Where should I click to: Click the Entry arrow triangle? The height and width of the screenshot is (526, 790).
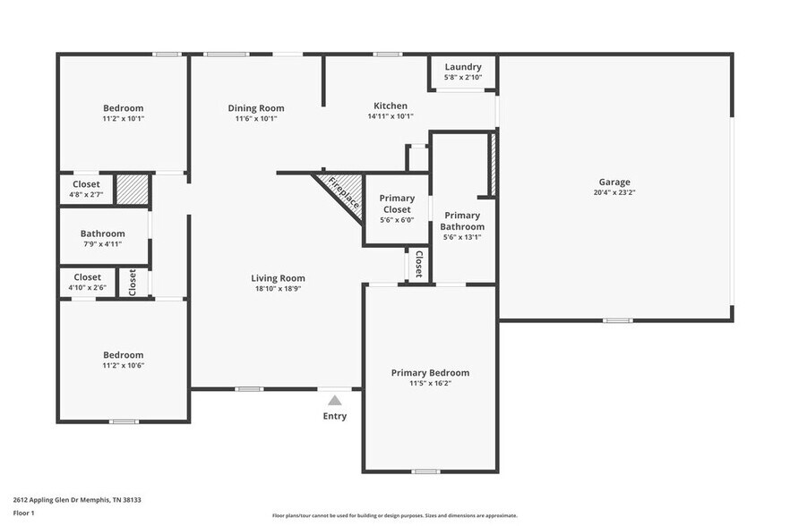pyautogui.click(x=335, y=400)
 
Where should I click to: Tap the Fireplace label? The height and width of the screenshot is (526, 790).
pyautogui.click(x=344, y=192)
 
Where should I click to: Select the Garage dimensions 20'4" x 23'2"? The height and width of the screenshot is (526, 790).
pyautogui.click(x=615, y=192)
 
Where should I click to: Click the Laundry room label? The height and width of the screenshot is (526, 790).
pyautogui.click(x=463, y=67)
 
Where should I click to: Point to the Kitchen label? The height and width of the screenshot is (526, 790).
pyautogui.click(x=391, y=106)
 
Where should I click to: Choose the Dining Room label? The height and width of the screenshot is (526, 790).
pyautogui.click(x=256, y=108)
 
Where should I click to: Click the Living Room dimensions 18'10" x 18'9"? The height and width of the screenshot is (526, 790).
pyautogui.click(x=278, y=288)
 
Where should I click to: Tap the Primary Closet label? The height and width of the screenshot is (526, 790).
pyautogui.click(x=397, y=203)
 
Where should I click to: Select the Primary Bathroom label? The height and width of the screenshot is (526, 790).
pyautogui.click(x=462, y=221)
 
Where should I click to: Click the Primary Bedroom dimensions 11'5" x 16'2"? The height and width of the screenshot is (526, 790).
pyautogui.click(x=430, y=384)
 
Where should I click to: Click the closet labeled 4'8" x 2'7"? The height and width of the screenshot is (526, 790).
pyautogui.click(x=87, y=194)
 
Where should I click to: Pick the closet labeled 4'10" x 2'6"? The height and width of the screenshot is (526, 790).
pyautogui.click(x=87, y=287)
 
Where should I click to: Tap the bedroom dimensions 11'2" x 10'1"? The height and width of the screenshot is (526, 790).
pyautogui.click(x=123, y=118)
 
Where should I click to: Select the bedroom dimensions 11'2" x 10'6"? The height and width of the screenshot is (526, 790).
pyautogui.click(x=123, y=365)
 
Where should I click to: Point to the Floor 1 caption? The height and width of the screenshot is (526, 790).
pyautogui.click(x=23, y=513)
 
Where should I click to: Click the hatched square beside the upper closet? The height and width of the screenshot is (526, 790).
pyautogui.click(x=133, y=189)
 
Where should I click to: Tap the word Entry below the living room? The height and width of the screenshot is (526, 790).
pyautogui.click(x=335, y=416)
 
